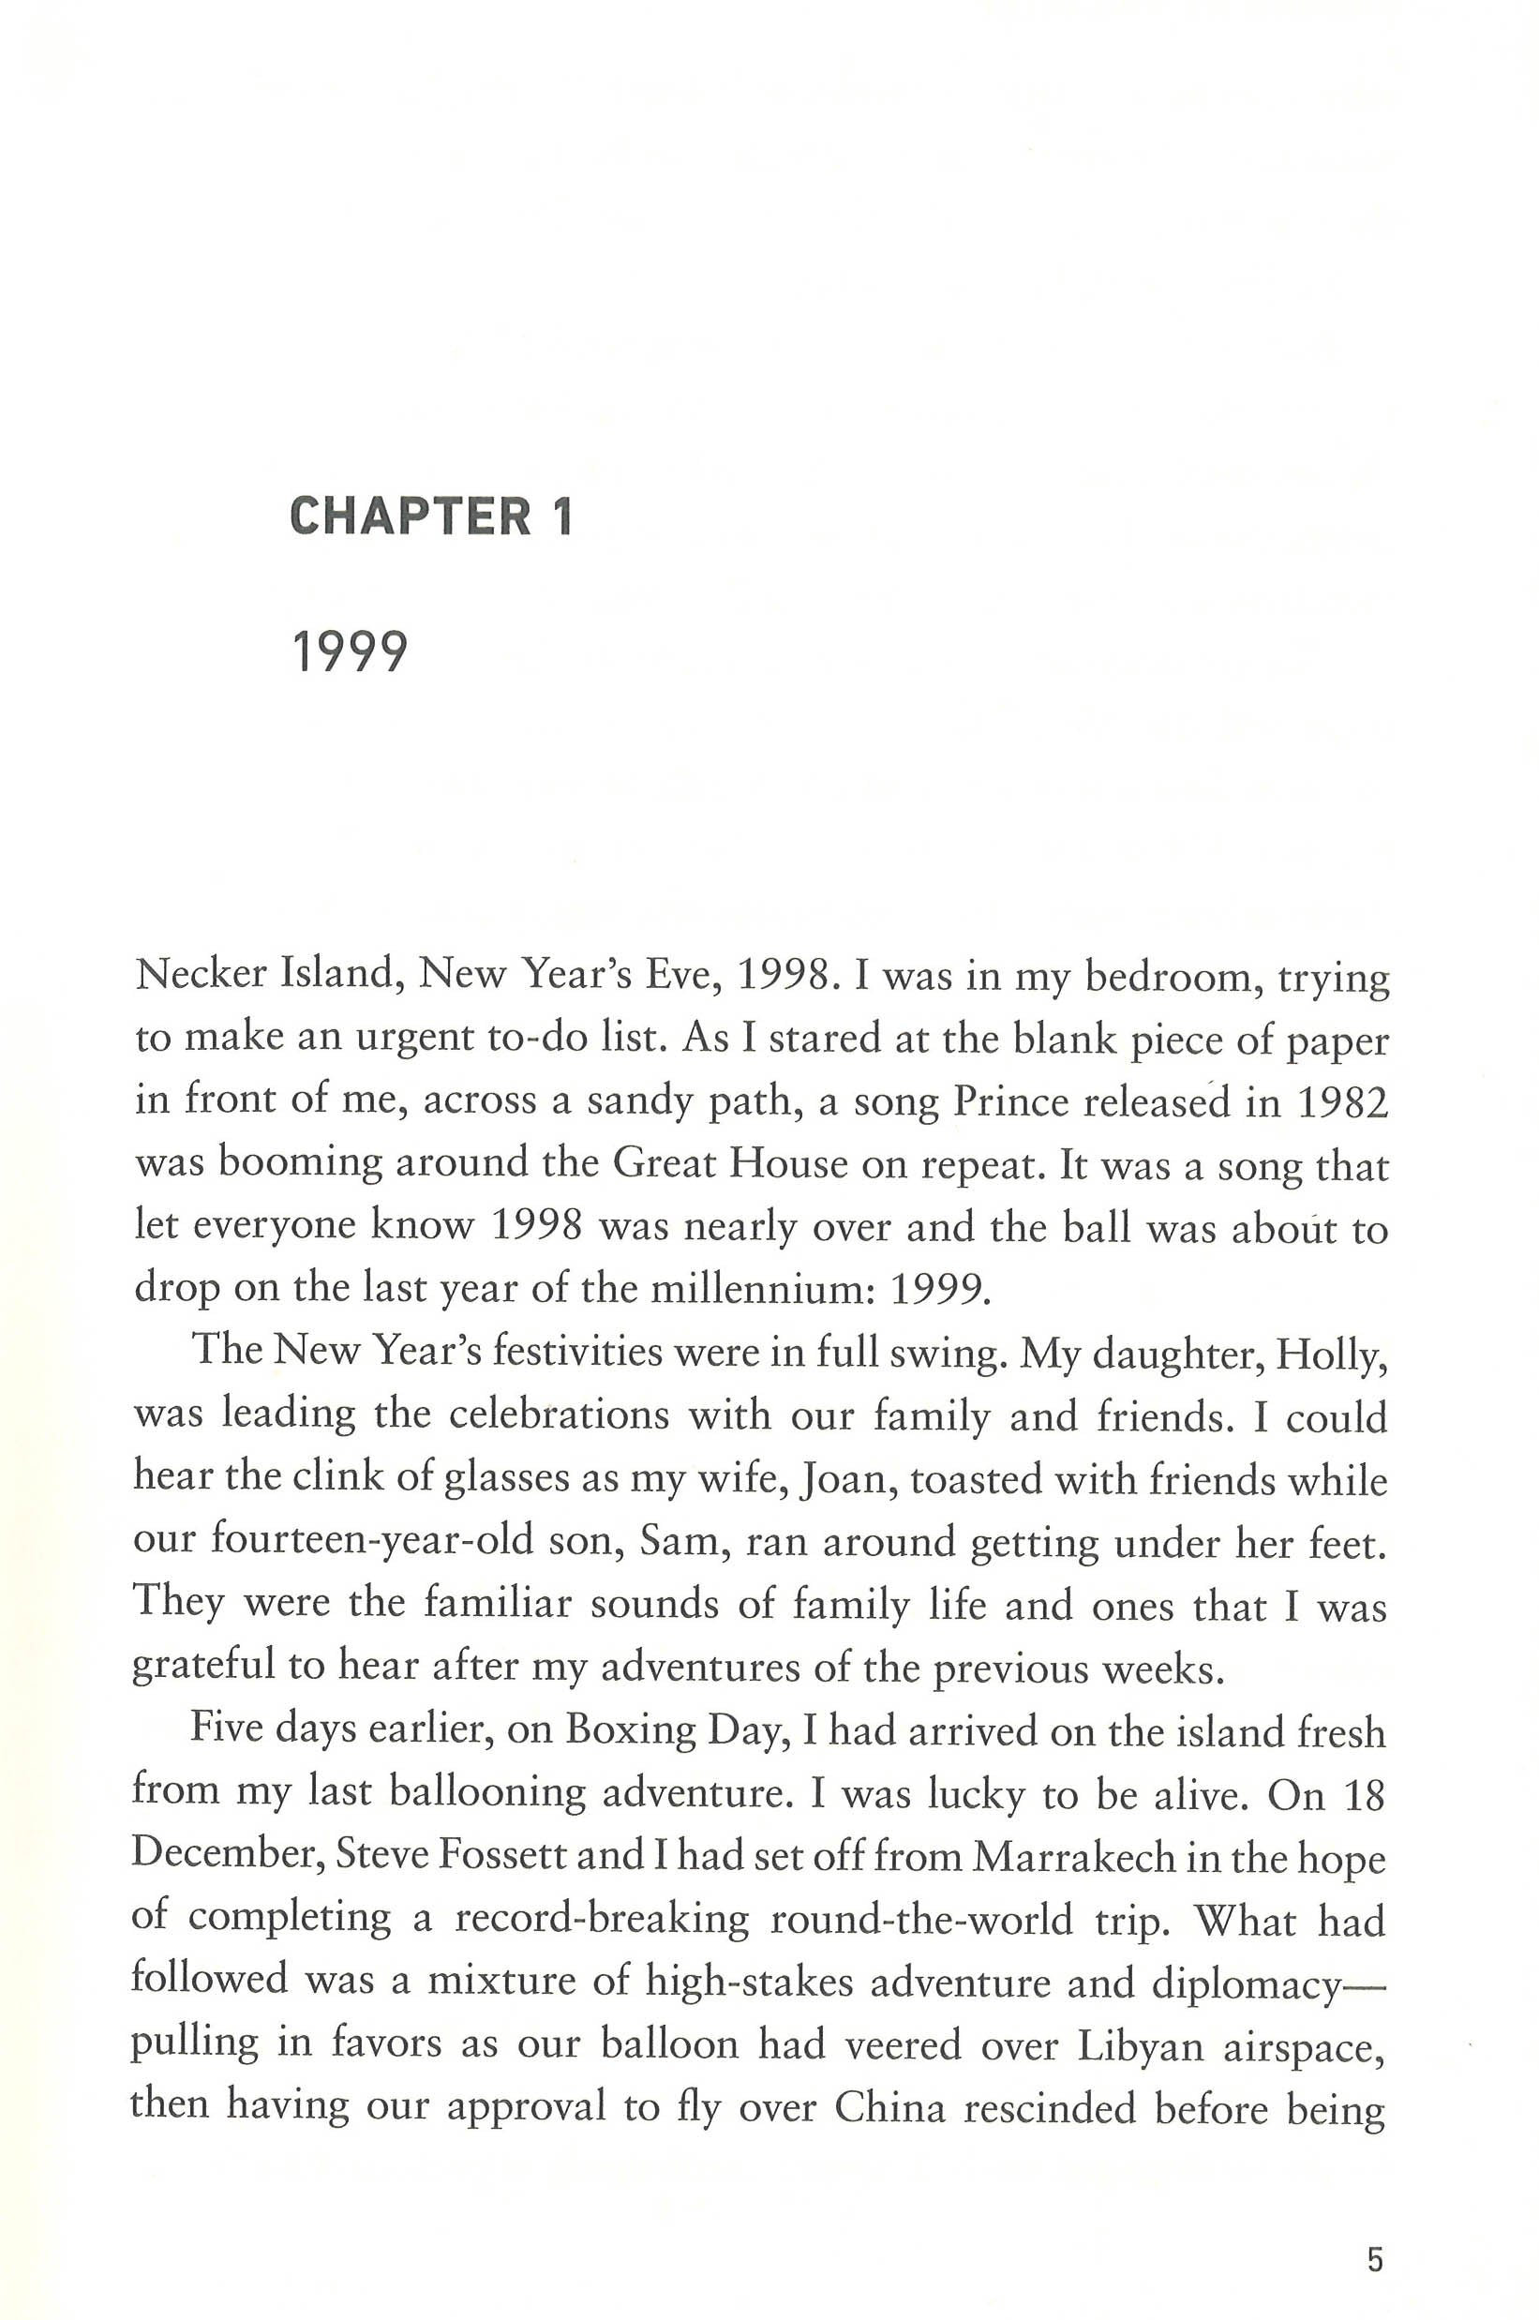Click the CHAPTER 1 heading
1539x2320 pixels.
point(431,516)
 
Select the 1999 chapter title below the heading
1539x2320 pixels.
point(350,651)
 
